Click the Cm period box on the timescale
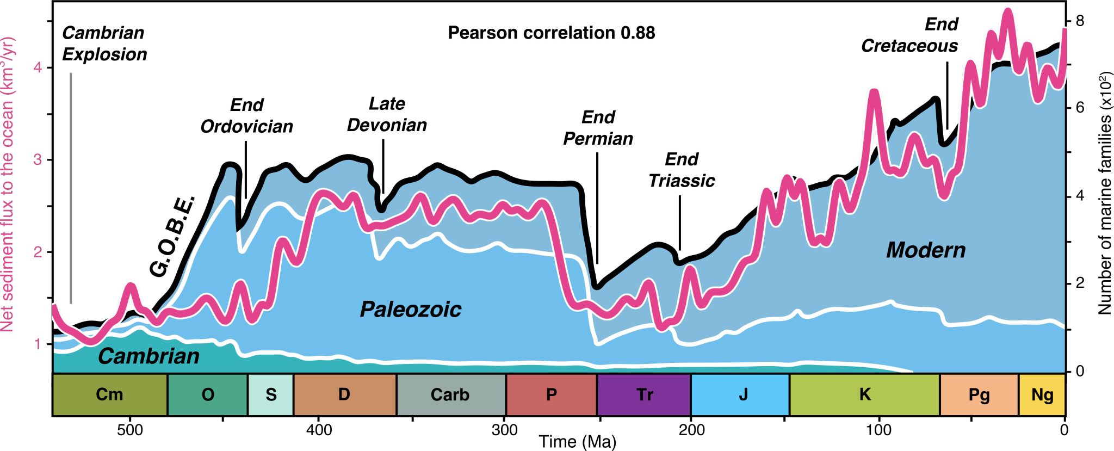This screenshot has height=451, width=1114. (x=109, y=394)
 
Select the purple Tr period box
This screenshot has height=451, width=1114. (x=644, y=394)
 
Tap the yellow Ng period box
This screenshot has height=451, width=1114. (x=1042, y=394)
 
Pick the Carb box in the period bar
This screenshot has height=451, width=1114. (x=450, y=394)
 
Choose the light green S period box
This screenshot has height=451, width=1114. (x=271, y=394)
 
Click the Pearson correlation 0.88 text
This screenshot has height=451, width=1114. (x=551, y=33)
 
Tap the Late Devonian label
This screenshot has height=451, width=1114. (x=387, y=114)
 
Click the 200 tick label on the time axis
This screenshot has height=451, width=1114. (x=691, y=430)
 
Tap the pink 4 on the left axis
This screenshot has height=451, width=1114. (x=38, y=67)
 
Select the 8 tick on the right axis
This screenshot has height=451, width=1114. (x=1080, y=21)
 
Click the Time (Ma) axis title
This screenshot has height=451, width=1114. (x=577, y=442)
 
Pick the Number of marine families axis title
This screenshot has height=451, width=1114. (x=1104, y=193)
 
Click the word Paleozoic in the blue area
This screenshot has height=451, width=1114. (x=411, y=310)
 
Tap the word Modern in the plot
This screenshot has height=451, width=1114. (x=926, y=250)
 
